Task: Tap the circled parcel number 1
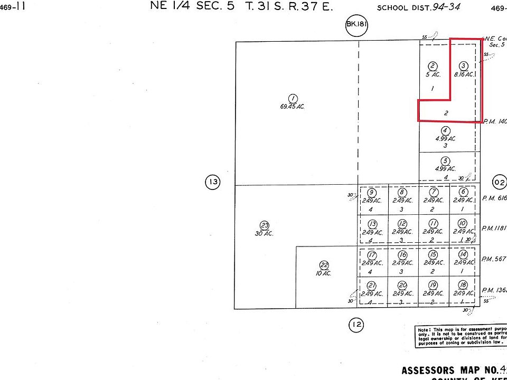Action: (x=292, y=98)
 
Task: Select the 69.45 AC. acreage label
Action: (x=292, y=107)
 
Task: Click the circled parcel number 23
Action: (x=265, y=225)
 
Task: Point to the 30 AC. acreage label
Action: (x=265, y=233)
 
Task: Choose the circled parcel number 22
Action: (x=324, y=265)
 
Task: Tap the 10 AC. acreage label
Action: (x=324, y=273)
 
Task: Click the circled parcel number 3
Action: (x=463, y=66)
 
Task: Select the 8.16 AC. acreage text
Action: (x=463, y=74)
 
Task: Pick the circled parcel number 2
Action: (x=433, y=66)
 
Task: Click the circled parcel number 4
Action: (x=446, y=130)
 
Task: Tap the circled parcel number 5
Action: (x=446, y=161)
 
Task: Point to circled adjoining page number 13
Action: (x=212, y=183)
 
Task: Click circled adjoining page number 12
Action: (x=356, y=324)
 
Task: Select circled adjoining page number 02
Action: (x=499, y=183)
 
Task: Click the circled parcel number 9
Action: (x=372, y=193)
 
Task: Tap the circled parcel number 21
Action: (x=371, y=286)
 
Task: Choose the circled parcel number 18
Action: (x=463, y=286)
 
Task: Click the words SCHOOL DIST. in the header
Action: (x=400, y=8)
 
